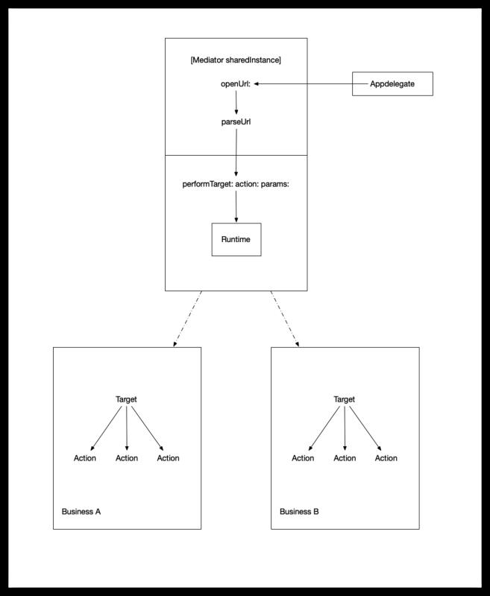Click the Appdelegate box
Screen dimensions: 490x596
coord(392,83)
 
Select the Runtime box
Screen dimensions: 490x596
coord(236,239)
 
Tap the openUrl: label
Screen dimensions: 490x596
coord(236,84)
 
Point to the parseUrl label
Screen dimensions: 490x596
coord(236,122)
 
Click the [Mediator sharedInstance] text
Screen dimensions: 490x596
coord(236,60)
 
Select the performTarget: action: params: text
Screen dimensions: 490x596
coord(236,184)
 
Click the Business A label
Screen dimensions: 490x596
coord(81,512)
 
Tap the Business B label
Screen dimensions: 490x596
coord(299,512)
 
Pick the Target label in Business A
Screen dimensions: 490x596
coord(126,399)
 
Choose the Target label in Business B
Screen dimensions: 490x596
coord(345,399)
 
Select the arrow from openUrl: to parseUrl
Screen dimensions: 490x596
coord(236,102)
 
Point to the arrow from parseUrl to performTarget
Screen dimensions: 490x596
coord(236,153)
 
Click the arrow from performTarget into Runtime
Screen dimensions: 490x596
coord(236,206)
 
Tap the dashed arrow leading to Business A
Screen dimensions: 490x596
coord(187,319)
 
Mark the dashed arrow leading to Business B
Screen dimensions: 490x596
coord(285,319)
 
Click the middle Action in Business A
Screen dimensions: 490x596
coord(127,458)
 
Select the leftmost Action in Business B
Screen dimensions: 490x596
coord(303,458)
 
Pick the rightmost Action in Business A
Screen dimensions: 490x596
coord(168,458)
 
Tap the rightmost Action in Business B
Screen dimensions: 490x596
coord(386,458)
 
